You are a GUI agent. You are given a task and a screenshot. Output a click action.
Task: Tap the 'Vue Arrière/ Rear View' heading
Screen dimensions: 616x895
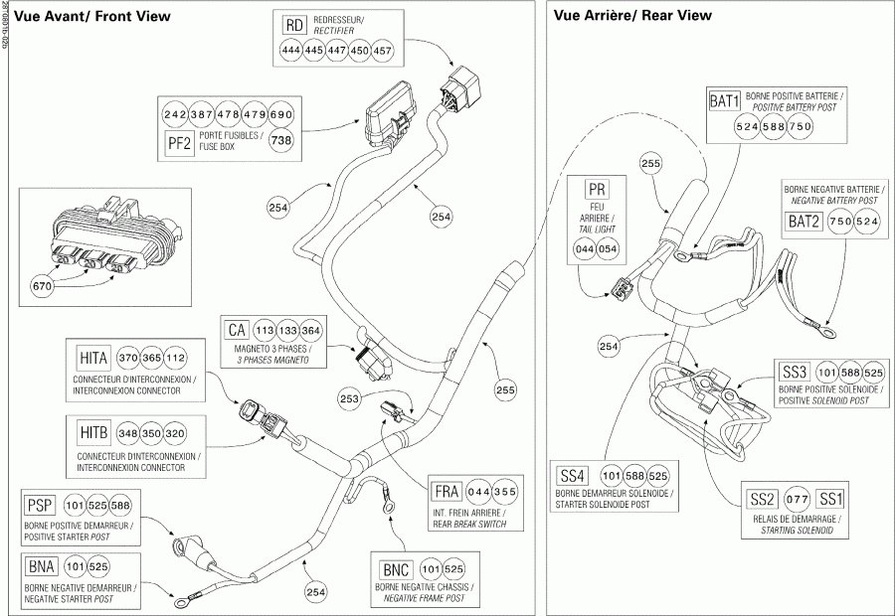pos(631,16)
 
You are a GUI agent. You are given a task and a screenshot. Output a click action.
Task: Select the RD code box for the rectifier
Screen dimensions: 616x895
pos(293,25)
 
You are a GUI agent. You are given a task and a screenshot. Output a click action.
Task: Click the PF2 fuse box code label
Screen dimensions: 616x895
pos(180,141)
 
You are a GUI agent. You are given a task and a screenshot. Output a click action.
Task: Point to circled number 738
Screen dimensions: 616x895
pos(281,141)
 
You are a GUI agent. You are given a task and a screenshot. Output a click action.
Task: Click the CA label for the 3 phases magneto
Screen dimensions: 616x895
pos(236,331)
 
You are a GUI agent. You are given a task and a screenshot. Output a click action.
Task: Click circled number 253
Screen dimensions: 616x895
pos(350,397)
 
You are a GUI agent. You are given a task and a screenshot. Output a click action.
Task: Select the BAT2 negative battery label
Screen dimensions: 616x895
pos(804,223)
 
